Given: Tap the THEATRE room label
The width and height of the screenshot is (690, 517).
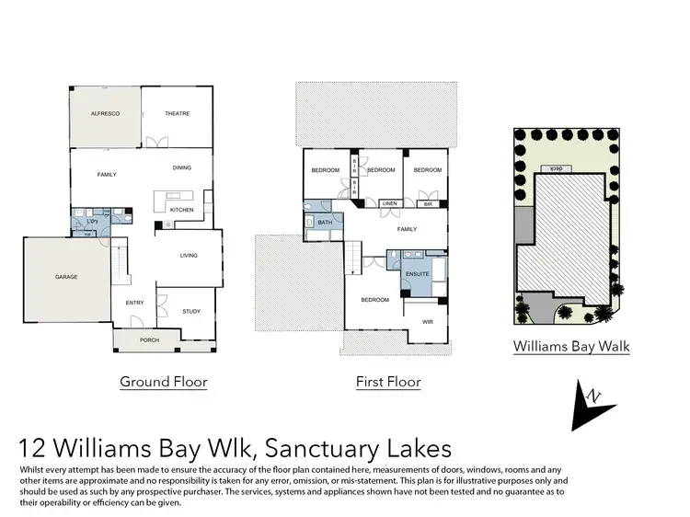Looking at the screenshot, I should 177,113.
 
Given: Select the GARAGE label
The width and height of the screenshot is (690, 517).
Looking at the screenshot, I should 66,277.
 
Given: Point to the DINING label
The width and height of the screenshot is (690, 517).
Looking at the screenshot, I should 182,167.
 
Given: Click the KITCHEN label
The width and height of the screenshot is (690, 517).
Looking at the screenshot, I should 181,211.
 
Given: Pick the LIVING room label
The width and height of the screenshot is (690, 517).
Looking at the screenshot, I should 189,257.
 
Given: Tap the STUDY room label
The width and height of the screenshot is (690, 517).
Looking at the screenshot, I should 190,311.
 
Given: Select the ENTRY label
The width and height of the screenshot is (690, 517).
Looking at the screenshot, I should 133,303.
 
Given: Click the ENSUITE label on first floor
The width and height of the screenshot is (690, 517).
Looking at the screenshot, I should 418,273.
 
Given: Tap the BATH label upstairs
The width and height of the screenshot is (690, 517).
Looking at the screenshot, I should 325,223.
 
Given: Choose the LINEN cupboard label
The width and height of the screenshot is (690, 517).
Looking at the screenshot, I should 389,203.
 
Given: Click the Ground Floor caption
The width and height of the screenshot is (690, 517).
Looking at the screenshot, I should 164,382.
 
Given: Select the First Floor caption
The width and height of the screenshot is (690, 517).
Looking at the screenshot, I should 388,382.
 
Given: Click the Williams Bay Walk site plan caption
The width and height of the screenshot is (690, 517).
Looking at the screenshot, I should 571,347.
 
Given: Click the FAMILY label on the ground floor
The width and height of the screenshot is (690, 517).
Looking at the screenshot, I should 107,174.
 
